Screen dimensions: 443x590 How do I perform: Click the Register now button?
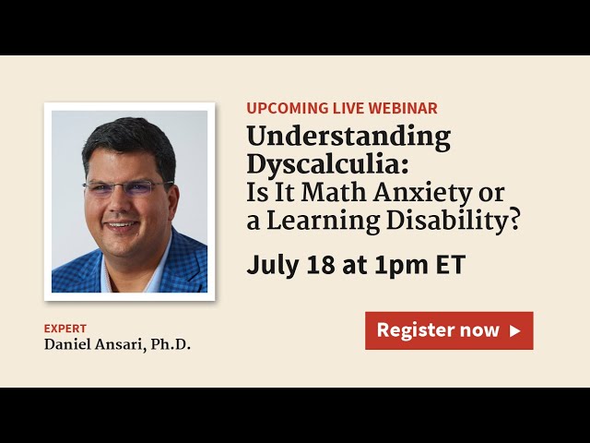pos(449,330)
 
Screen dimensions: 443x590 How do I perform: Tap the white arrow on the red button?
pos(515,330)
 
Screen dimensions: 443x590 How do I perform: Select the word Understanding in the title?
pos(348,138)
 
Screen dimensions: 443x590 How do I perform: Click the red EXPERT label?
pos(65,328)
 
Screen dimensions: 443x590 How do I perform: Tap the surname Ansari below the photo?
pos(118,345)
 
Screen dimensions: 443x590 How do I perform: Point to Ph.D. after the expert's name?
pos(171,345)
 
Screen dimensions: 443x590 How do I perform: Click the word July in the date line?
pos(270,265)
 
